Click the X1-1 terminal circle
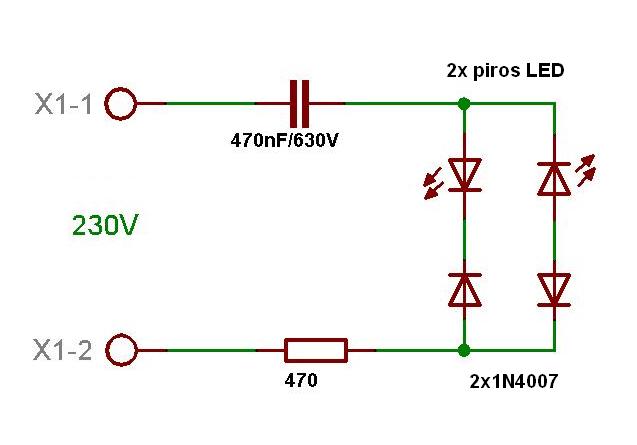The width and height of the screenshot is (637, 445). point(121,103)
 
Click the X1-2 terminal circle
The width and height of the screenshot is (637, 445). point(121,350)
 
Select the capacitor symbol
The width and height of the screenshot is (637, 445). point(300,103)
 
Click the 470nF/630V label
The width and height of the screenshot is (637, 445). point(285,140)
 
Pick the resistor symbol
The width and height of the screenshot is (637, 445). point(316,350)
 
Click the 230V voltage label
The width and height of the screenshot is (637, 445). point(104,226)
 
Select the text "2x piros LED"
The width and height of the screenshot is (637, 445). point(505,71)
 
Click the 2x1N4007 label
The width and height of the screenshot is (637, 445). point(513,381)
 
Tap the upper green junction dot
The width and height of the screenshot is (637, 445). point(463,103)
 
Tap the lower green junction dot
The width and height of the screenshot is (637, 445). point(463,350)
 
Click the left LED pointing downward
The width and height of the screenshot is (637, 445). point(464,175)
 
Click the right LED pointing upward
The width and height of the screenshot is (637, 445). point(554,177)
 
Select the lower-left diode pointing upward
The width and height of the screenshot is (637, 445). point(464,289)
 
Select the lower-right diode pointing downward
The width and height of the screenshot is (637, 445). point(554,288)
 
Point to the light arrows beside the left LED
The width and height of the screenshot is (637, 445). point(434,183)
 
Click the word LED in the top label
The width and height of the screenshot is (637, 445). point(545,71)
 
